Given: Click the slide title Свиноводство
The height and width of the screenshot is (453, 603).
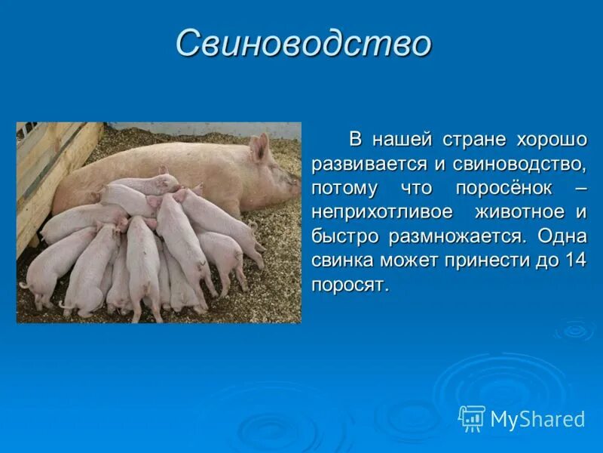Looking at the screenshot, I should coord(303,44).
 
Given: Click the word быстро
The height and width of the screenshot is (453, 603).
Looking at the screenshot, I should coord(346,236).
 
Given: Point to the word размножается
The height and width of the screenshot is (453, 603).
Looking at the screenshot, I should coord(455,236).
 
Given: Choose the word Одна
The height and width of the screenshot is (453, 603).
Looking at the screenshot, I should coord(562,236).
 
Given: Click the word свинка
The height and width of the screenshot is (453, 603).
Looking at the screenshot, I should coord(343,260).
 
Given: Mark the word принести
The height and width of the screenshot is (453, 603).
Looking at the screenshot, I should coord(488,260).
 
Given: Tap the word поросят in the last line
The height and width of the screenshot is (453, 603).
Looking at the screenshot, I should coord(348,285).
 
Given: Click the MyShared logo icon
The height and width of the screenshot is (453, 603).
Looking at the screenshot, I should coord(472,418).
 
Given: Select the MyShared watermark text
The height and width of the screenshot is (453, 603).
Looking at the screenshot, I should coord(537,420).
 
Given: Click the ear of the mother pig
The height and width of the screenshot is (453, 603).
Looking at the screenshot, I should coord(259,148).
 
